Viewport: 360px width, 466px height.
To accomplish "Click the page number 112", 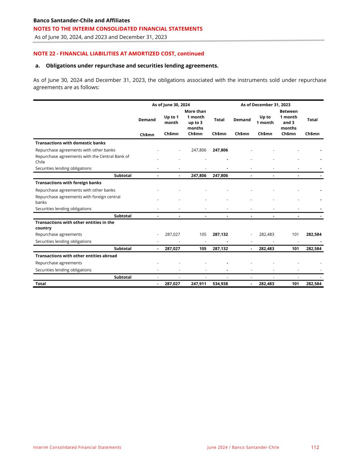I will tap(315, 447).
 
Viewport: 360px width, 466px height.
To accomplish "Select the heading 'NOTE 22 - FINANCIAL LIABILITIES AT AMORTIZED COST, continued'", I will tap(118, 54).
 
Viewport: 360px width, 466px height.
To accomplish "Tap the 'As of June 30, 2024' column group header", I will tap(171, 105).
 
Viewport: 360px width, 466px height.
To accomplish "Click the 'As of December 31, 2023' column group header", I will tap(265, 105).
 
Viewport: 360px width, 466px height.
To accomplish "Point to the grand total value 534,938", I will tap(220, 284).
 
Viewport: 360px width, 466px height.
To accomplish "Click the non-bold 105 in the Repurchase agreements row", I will tap(203, 235).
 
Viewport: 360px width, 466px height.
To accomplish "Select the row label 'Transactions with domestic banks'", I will tap(70, 143).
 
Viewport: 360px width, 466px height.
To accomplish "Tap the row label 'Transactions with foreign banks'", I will tap(68, 183).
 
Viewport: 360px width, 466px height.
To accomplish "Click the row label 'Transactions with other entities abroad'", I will tap(76, 256).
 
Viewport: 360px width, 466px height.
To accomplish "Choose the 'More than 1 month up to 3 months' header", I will tap(195, 120).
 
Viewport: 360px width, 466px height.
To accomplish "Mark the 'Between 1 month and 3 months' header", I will tap(289, 120).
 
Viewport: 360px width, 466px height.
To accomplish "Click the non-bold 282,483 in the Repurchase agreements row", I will tap(267, 235).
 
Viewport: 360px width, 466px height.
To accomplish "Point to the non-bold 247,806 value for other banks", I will tap(199, 150).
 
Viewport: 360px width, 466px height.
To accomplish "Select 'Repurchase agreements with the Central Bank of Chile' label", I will tap(82, 159).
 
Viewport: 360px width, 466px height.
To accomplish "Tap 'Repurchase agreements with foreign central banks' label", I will tap(78, 199).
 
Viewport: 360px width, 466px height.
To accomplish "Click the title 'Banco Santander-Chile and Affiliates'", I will tap(82, 20).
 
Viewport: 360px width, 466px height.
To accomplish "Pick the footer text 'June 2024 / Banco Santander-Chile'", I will tap(243, 447).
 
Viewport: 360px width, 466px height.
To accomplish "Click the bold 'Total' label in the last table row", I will tap(41, 284).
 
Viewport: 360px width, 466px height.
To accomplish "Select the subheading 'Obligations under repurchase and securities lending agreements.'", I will tap(132, 66).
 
